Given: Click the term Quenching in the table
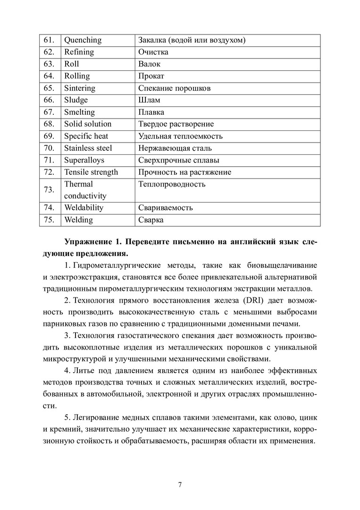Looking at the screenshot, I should [x=83, y=40].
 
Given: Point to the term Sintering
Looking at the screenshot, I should [x=80, y=88].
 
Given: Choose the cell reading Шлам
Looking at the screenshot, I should [x=149, y=100].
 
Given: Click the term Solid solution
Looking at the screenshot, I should [x=88, y=124].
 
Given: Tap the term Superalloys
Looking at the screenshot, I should [x=84, y=160].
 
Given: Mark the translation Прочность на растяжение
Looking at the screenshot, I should [x=184, y=172].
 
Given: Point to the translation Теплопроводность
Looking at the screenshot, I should [x=172, y=184].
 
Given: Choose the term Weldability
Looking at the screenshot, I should [x=84, y=208].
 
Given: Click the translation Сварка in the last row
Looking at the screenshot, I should [x=151, y=220].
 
